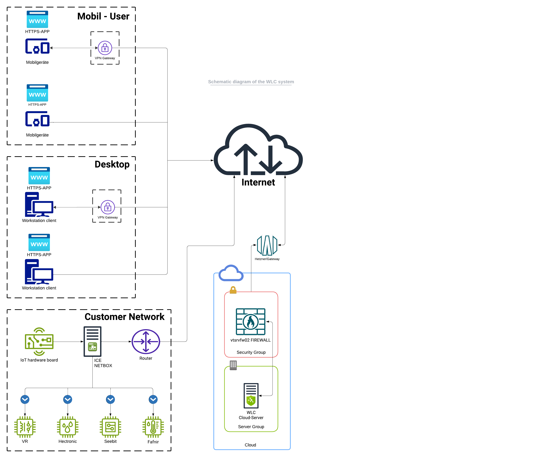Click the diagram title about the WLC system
(251, 82)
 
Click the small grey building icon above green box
(233, 365)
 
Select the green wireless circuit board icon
(39, 341)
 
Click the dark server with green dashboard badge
(92, 341)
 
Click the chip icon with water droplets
(68, 427)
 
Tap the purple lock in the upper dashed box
(105, 48)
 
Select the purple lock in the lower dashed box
(108, 207)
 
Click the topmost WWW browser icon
(37, 19)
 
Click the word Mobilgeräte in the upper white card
(37, 62)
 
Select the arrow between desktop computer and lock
(77, 207)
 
